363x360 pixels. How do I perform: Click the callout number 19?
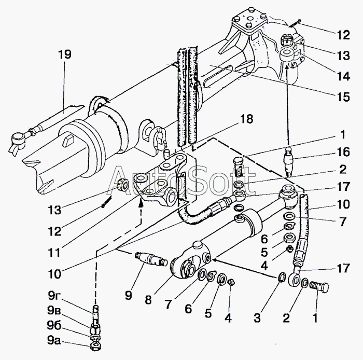pyautogui.click(x=65, y=54)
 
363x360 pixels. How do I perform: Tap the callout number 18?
pyautogui.click(x=246, y=119)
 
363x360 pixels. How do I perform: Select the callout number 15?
pyautogui.click(x=343, y=97)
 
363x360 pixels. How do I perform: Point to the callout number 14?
pyautogui.click(x=343, y=76)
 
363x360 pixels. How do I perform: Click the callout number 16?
pyautogui.click(x=343, y=152)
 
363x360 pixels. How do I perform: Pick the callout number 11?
pyautogui.click(x=54, y=252)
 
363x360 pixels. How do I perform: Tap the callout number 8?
pyautogui.click(x=148, y=300)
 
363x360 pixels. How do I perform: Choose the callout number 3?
pyautogui.click(x=257, y=318)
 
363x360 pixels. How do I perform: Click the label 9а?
pyautogui.click(x=54, y=340)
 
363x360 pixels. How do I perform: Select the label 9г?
pyautogui.click(x=53, y=296)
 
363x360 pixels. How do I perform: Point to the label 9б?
pyautogui.click(x=54, y=326)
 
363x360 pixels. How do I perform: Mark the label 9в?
pyautogui.click(x=54, y=311)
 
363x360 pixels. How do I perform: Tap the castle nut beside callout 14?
pyautogui.click(x=287, y=40)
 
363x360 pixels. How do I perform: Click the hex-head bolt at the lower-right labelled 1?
pyautogui.click(x=319, y=287)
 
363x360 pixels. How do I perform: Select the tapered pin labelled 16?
pyautogui.click(x=288, y=162)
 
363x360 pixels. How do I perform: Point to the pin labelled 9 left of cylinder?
pyautogui.click(x=151, y=259)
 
